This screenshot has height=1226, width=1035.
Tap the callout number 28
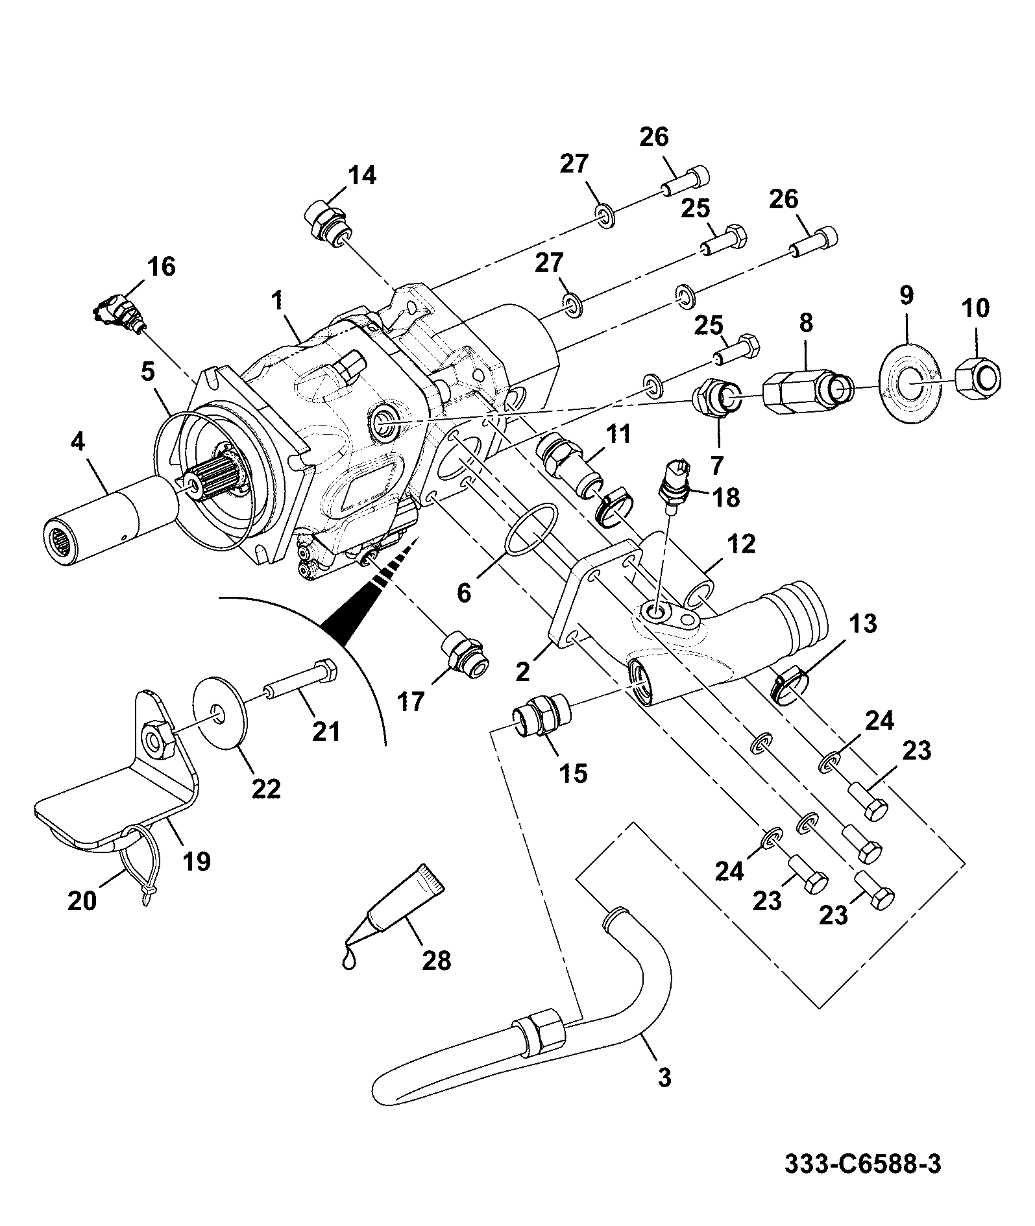click(x=436, y=960)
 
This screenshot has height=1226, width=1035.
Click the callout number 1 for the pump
click(x=277, y=302)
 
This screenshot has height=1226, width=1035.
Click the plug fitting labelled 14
click(x=327, y=224)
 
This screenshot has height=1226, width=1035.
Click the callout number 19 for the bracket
click(x=196, y=861)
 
